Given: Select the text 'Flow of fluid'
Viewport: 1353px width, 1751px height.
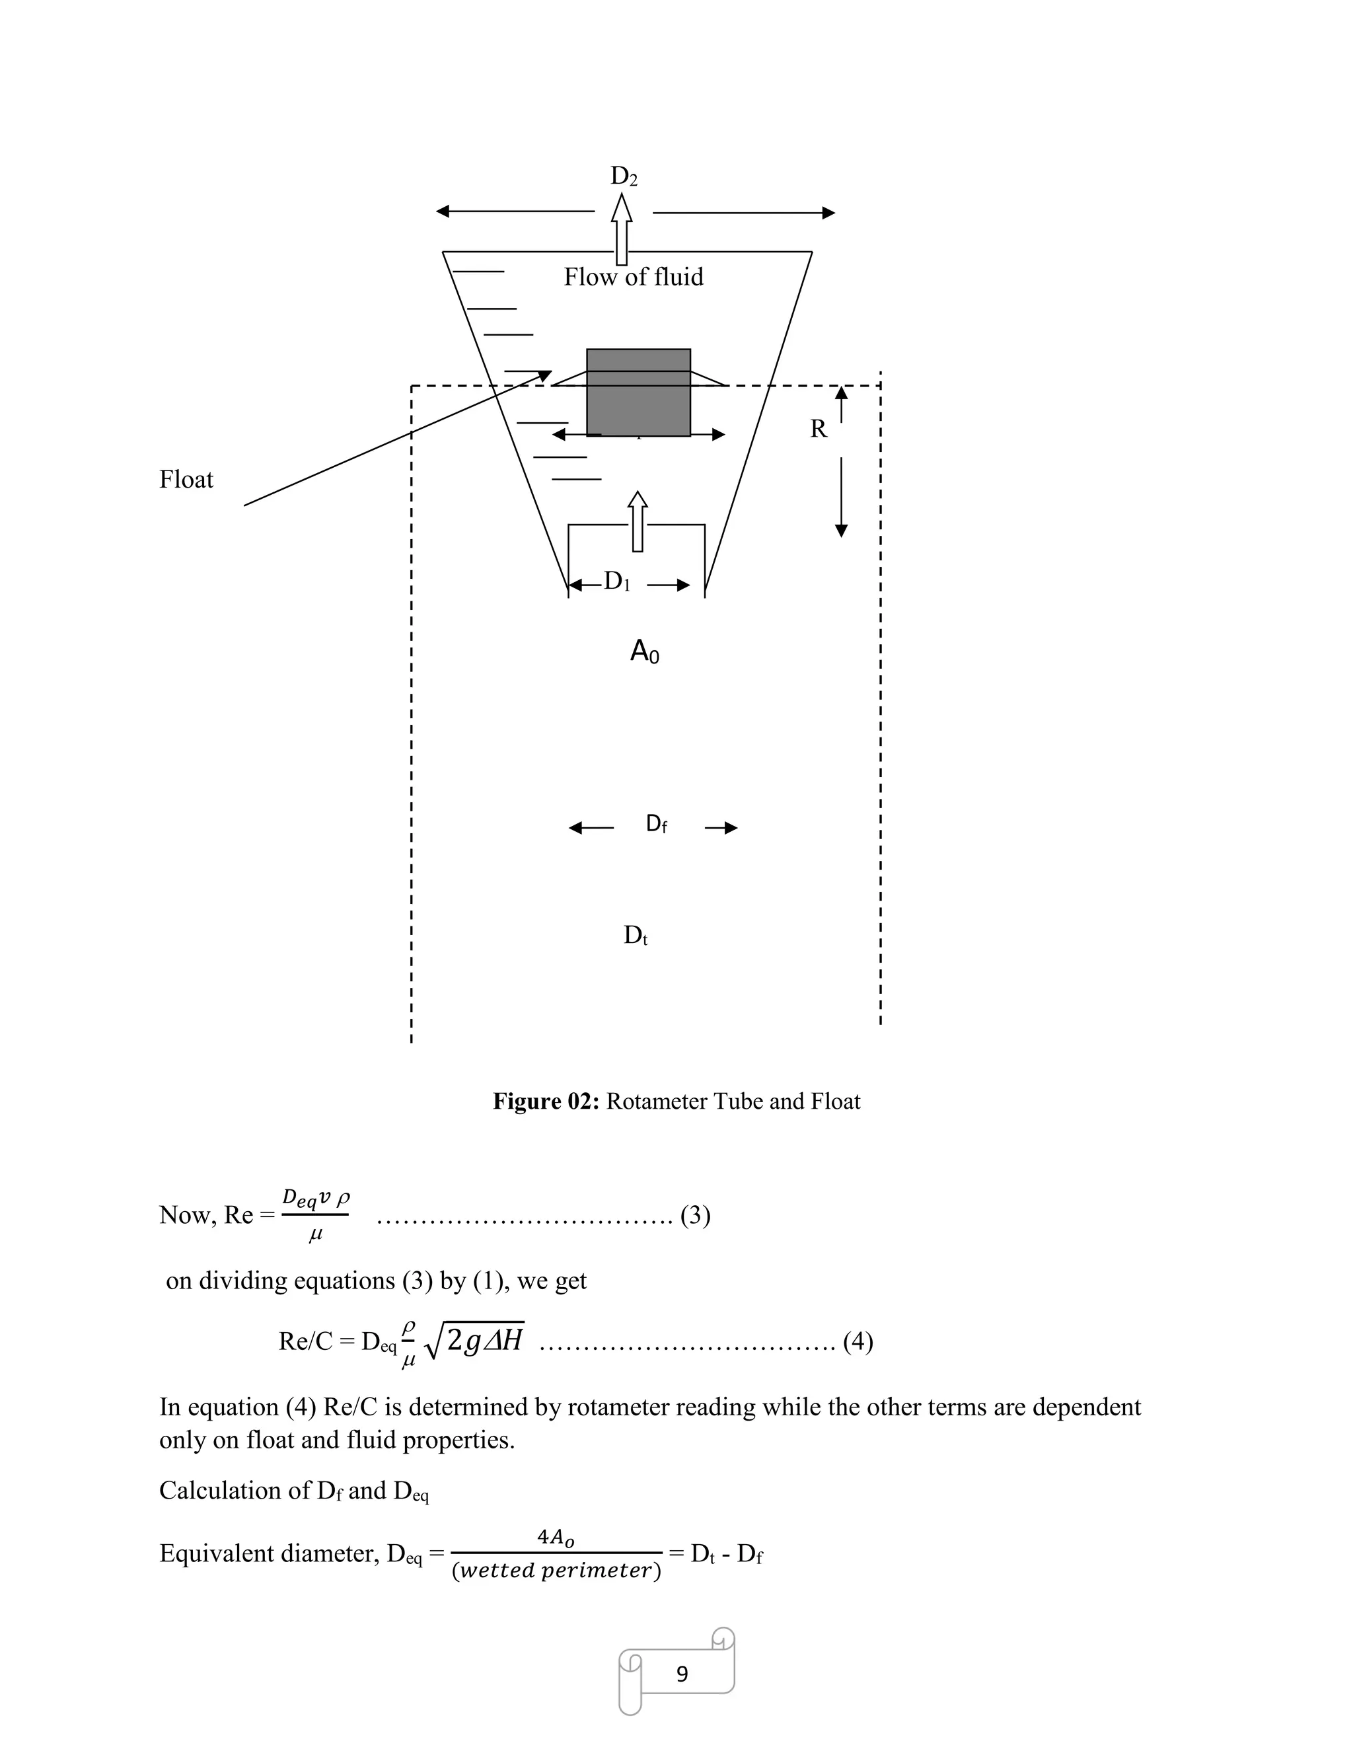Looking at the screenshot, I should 633,278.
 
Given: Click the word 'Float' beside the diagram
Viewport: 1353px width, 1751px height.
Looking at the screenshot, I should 186,480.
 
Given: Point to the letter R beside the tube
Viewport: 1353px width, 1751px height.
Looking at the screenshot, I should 819,429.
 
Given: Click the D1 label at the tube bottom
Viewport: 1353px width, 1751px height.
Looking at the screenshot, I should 616,582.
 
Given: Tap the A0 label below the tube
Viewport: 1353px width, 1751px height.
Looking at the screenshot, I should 644,653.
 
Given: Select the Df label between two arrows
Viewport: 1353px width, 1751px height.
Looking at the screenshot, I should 655,824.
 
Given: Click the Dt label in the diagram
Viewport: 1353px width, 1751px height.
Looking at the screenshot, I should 635,936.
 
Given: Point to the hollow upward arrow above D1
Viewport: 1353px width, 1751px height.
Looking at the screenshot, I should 638,521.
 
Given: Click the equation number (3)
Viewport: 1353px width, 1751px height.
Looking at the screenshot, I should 695,1216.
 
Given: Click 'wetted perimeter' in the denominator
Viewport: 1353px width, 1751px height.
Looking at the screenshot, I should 556,1571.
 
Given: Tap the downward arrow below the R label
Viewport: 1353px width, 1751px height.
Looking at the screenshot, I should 841,497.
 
